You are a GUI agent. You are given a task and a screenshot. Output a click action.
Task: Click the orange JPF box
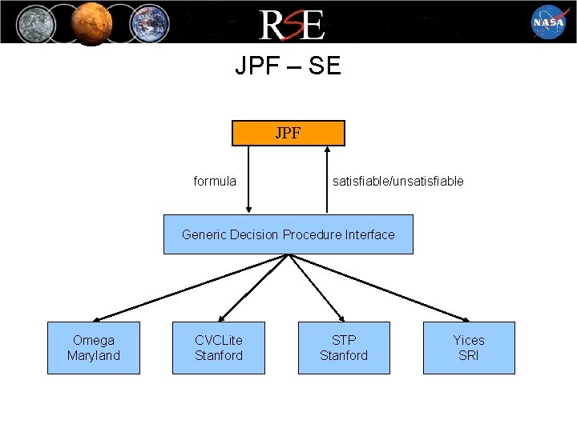[288, 133]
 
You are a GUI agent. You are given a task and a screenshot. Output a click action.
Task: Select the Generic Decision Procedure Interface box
[288, 234]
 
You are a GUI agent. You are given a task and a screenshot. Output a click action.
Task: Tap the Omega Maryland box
[94, 348]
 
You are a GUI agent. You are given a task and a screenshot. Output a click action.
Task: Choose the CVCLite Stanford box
[218, 348]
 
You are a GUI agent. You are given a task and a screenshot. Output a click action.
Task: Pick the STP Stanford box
[344, 348]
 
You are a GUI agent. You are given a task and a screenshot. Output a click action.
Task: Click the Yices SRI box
[469, 348]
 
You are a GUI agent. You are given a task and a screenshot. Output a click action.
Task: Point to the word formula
[215, 181]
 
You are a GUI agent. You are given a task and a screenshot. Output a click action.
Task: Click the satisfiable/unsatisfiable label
[397, 181]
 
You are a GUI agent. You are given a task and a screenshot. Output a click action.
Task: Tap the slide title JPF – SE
[288, 66]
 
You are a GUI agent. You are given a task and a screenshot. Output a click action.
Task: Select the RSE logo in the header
[291, 24]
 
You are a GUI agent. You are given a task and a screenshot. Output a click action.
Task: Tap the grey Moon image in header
[34, 22]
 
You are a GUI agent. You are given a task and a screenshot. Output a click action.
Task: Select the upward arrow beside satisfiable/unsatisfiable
[327, 180]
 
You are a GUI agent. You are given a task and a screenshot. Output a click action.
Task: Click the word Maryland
[94, 355]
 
